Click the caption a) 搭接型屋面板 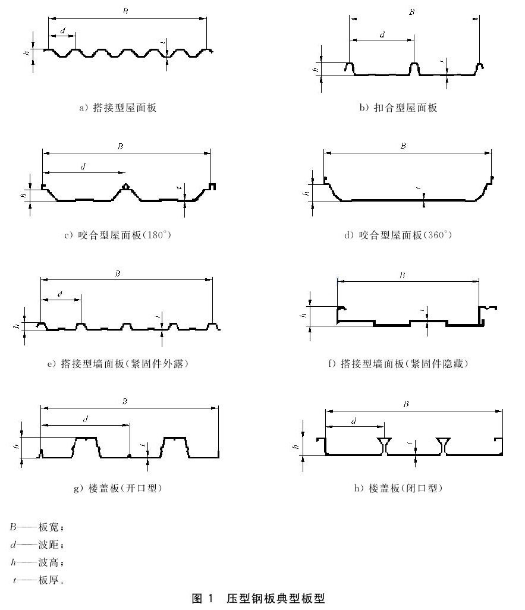(x=118, y=108)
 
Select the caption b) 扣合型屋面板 (x=398, y=108)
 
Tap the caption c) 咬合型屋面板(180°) (x=118, y=235)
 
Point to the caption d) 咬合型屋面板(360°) (x=398, y=235)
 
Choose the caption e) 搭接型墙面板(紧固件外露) (x=118, y=363)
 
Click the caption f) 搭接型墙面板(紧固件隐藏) (x=398, y=363)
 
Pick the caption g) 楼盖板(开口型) (x=118, y=488)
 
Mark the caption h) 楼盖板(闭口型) (x=398, y=488)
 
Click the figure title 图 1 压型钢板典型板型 (x=259, y=598)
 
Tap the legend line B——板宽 (x=37, y=527)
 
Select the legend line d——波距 (x=37, y=544)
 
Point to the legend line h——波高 (x=37, y=562)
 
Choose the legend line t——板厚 (x=38, y=580)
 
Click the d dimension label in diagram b (x=382, y=34)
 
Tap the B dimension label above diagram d (x=403, y=146)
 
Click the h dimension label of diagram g (x=16, y=447)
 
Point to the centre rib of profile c (x=125, y=192)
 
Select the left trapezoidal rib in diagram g (x=86, y=447)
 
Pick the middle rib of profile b (x=414, y=69)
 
